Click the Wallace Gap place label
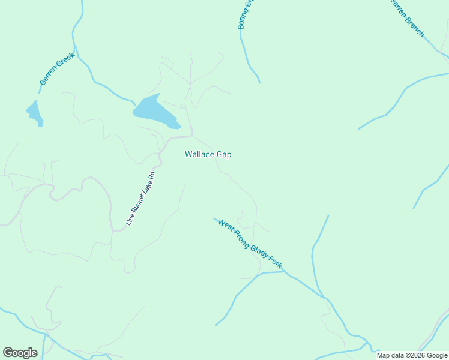tap(208, 154)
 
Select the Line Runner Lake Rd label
tap(140, 199)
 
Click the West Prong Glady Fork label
tap(250, 244)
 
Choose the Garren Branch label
tap(408, 18)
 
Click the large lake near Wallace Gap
tap(154, 112)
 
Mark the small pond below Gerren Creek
tap(34, 113)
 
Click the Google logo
tap(20, 353)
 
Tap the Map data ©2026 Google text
tap(412, 355)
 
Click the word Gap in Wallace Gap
tap(224, 154)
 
